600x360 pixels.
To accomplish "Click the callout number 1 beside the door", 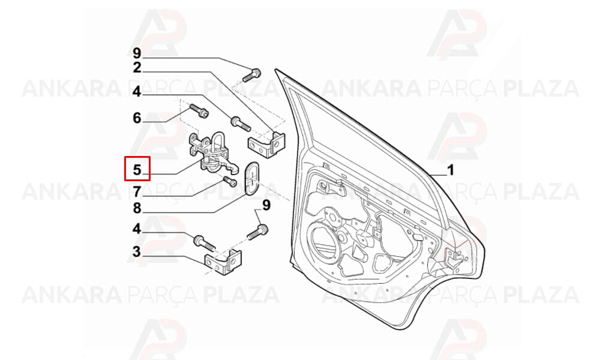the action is coord(451,170).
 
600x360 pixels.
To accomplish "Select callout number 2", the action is coord(137,68).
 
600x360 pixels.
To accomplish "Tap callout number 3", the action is coord(137,252).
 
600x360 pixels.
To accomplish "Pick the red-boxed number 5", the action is coord(137,169).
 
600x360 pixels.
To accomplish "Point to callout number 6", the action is coord(137,118).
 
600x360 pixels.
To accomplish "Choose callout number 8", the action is coord(137,208).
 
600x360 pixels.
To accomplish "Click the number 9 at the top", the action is coord(137,53).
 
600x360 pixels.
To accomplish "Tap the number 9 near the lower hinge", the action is coord(266,205).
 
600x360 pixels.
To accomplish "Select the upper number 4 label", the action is coord(137,92).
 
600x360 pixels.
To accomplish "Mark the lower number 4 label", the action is coord(137,229).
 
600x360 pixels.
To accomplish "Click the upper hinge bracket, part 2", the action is coord(267,144).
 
